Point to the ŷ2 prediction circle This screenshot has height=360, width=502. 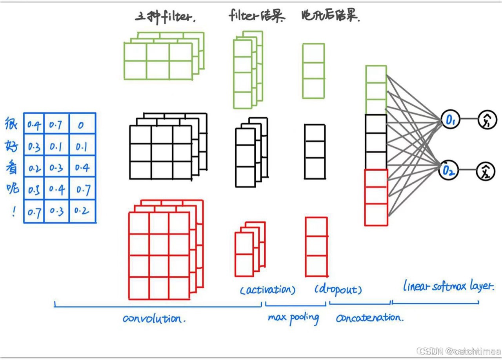click(486, 171)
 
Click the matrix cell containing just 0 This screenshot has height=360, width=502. click(81, 125)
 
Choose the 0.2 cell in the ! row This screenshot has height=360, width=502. click(82, 211)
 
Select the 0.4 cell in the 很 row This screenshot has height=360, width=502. click(34, 125)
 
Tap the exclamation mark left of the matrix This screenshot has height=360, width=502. click(14, 212)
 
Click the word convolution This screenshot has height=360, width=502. click(154, 318)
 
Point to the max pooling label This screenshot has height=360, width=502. click(293, 317)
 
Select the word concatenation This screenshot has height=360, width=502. click(369, 318)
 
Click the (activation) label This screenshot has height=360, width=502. click(268, 290)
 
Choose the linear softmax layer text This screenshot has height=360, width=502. click(448, 286)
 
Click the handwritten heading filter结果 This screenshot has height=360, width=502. click(256, 16)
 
